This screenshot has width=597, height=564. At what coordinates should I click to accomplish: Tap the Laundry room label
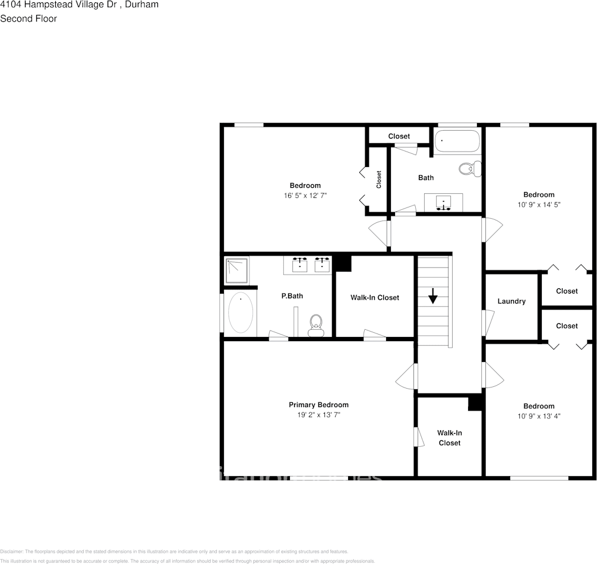(511, 301)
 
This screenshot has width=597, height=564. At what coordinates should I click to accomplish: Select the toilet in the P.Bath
(315, 325)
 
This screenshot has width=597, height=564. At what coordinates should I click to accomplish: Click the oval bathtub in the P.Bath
(241, 313)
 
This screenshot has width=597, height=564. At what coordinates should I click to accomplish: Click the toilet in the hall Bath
(469, 168)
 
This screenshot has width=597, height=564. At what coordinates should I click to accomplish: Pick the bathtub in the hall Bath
(457, 142)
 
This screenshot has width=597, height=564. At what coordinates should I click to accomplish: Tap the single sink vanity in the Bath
(444, 203)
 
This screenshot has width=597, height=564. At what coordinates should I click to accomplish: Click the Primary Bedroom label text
(318, 405)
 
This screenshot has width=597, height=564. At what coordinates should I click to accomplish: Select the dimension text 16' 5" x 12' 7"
(305, 196)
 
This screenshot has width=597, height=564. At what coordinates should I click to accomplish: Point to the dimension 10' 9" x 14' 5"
(539, 204)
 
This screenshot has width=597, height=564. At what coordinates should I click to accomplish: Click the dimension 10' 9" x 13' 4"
(539, 416)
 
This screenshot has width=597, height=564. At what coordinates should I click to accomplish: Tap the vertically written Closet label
(379, 179)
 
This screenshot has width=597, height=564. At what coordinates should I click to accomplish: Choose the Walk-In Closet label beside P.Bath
(374, 297)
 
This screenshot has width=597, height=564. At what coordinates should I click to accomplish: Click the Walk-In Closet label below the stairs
(450, 438)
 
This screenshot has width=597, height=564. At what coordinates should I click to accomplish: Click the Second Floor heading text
(29, 18)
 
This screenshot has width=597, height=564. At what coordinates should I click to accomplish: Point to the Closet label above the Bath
(399, 136)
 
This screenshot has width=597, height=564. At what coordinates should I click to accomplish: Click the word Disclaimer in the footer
(11, 552)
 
